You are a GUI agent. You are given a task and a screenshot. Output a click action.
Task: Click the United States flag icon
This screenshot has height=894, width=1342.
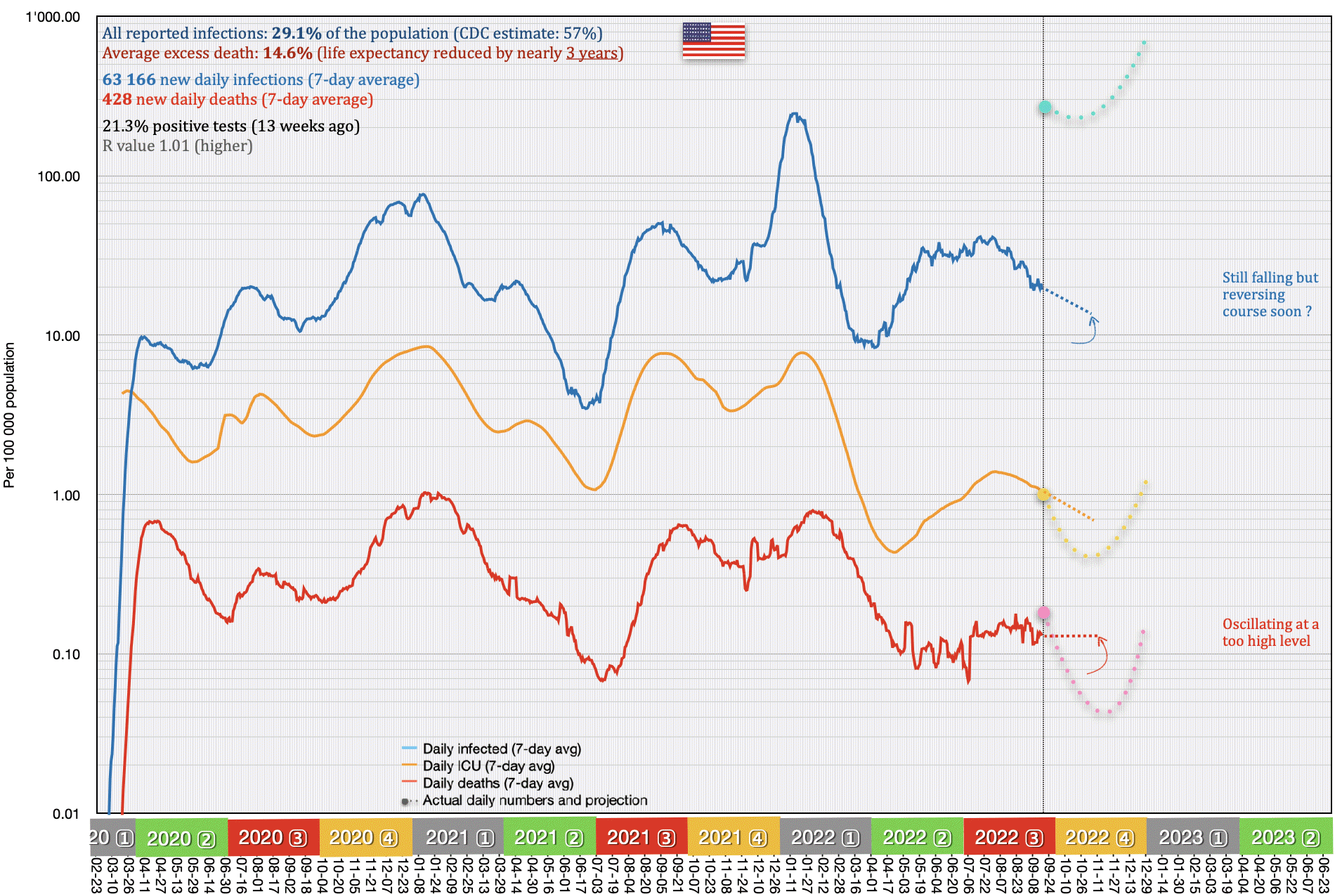[713, 40]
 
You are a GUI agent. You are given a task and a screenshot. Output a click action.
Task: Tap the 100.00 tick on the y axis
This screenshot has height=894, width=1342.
[59, 176]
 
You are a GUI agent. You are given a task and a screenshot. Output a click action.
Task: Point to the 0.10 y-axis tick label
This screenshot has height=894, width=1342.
[66, 654]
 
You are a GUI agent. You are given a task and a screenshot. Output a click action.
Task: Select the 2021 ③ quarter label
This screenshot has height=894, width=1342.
[641, 837]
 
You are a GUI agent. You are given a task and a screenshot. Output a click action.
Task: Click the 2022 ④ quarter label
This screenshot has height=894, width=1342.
[1100, 837]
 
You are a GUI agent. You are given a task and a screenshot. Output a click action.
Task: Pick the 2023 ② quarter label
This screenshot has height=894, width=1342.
[1285, 837]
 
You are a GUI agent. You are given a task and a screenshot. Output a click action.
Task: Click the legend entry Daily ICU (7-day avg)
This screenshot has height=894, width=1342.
[488, 766]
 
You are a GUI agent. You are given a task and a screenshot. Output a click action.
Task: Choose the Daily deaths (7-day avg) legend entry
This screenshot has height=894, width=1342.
[497, 783]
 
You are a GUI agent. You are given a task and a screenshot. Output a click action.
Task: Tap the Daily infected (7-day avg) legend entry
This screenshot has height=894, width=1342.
[502, 749]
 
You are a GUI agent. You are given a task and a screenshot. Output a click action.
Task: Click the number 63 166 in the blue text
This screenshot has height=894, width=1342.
[129, 80]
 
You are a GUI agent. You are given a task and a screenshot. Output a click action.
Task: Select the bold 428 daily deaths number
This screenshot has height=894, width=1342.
[117, 100]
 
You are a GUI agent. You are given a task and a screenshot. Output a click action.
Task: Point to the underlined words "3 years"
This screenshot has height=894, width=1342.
[592, 53]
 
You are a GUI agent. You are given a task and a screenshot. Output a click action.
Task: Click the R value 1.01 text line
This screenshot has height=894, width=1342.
[178, 146]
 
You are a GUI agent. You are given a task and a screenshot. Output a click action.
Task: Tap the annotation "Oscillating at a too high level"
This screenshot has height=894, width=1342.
[1270, 633]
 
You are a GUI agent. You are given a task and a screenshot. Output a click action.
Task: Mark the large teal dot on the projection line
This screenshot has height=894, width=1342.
[1045, 108]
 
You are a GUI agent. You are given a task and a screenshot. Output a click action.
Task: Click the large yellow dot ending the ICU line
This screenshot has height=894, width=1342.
[1043, 495]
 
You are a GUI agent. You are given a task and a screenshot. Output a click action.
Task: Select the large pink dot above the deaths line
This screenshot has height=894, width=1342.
[1044, 613]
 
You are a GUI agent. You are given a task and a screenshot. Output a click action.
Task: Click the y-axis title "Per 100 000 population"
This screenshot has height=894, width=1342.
[9, 415]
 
